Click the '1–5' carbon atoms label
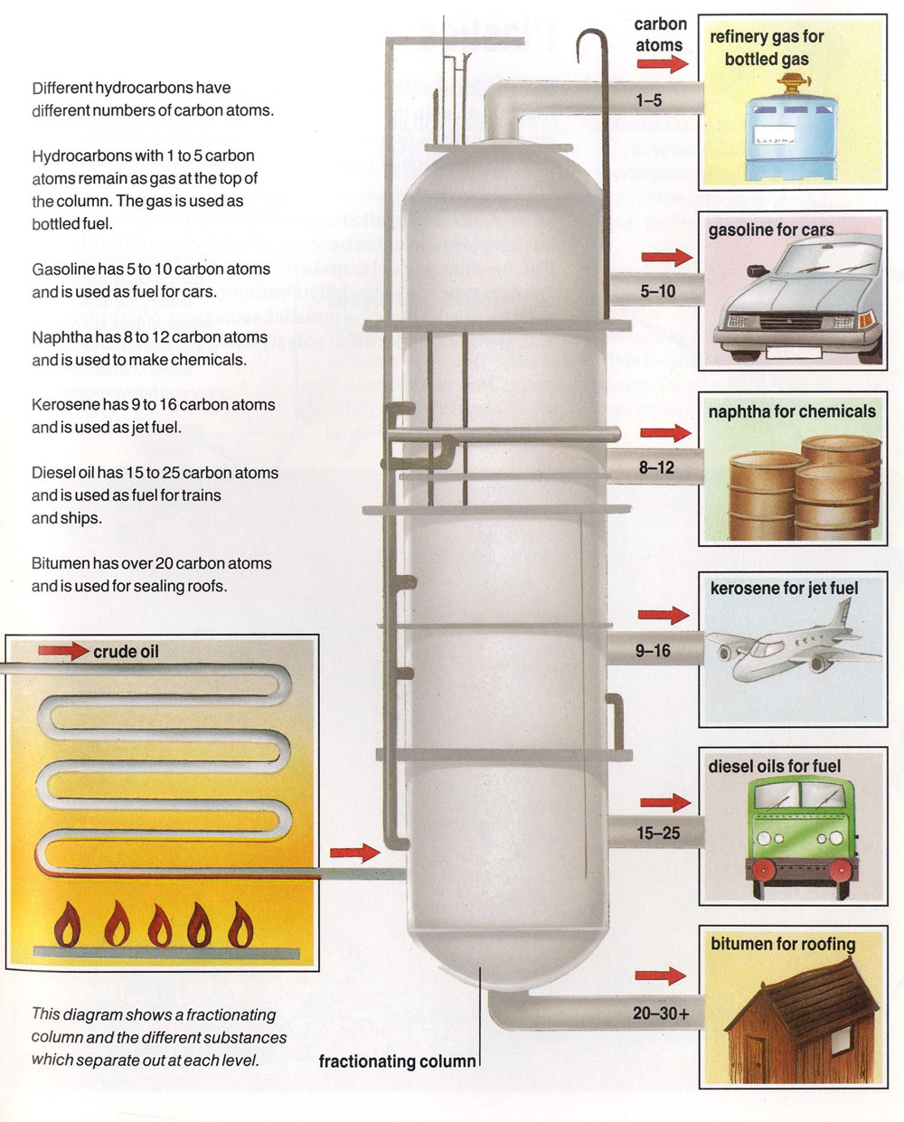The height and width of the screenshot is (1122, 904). tap(648, 100)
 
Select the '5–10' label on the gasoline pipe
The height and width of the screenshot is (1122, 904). tap(657, 291)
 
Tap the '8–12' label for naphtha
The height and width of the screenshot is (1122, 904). tap(656, 467)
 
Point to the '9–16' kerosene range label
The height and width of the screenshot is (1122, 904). tap(653, 650)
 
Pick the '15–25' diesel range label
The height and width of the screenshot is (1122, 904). tap(657, 833)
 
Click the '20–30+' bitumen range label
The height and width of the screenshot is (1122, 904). tap(660, 1014)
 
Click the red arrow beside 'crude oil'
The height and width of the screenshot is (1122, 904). tap(63, 651)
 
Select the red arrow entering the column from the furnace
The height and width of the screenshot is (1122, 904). tap(354, 852)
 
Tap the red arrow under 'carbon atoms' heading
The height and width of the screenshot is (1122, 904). tap(662, 64)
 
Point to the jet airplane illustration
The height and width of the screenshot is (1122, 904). tap(791, 646)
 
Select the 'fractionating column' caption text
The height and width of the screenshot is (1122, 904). tap(397, 1061)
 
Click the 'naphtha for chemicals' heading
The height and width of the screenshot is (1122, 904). tap(791, 411)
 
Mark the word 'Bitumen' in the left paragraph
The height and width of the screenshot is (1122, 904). tap(60, 563)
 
